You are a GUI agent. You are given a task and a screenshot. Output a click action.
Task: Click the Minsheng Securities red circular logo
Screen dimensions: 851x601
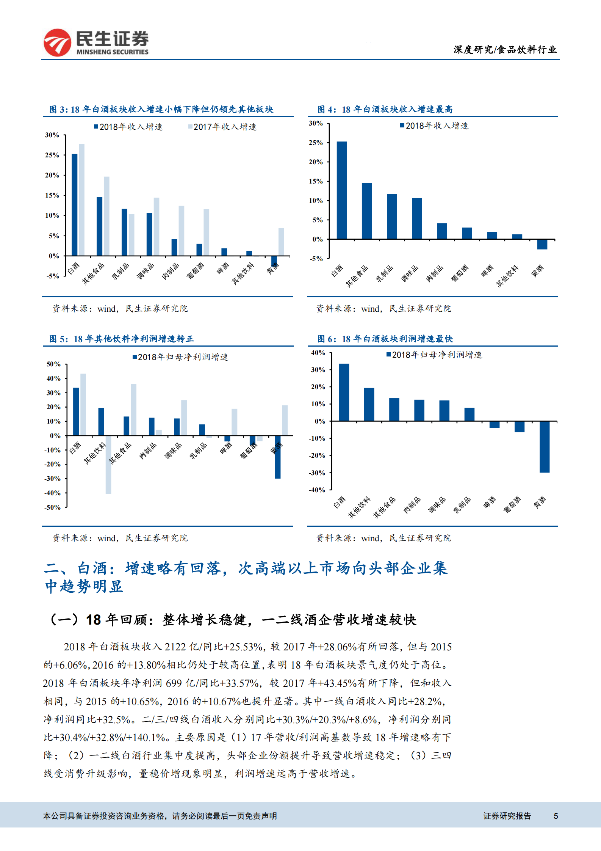pyautogui.click(x=57, y=42)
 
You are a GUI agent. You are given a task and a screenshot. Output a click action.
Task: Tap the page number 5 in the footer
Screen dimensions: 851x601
pyautogui.click(x=556, y=816)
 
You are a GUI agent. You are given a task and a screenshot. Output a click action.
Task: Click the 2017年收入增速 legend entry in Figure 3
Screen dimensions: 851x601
pyautogui.click(x=223, y=127)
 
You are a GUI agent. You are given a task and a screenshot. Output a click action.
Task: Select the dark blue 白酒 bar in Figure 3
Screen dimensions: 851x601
pyautogui.click(x=75, y=205)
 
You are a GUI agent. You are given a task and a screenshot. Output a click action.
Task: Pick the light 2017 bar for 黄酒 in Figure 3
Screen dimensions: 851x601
pyautogui.click(x=281, y=242)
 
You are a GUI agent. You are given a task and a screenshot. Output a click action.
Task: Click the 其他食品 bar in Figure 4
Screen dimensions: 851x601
pyautogui.click(x=366, y=211)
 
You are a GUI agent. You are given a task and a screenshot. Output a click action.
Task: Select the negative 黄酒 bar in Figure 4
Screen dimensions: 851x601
pyautogui.click(x=542, y=244)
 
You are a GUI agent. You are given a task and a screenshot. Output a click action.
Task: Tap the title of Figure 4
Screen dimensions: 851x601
pyautogui.click(x=385, y=110)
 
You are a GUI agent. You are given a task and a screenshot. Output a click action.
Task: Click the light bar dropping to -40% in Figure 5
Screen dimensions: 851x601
pyautogui.click(x=108, y=465)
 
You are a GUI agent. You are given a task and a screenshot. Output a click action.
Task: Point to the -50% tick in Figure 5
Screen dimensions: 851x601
pyautogui.click(x=53, y=507)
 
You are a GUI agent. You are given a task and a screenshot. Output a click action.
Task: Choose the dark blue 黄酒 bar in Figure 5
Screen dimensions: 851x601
pyautogui.click(x=278, y=457)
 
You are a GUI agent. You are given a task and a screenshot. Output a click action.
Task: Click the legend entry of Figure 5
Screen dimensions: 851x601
pyautogui.click(x=180, y=357)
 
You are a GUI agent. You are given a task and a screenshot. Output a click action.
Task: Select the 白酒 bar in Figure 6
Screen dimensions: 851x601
pyautogui.click(x=344, y=392)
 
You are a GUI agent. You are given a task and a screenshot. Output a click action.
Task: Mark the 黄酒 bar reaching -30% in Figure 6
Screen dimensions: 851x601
pyautogui.click(x=544, y=447)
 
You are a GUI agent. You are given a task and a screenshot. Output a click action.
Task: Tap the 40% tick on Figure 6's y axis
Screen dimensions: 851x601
pyautogui.click(x=318, y=353)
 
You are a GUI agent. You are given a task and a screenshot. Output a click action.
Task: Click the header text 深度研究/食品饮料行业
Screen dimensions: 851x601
pyautogui.click(x=505, y=50)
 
